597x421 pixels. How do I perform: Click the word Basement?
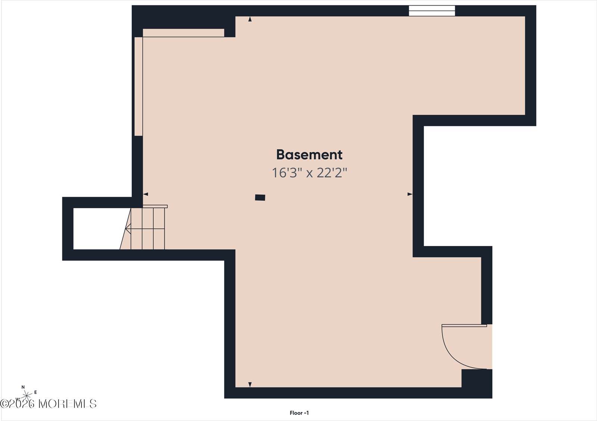[309, 155]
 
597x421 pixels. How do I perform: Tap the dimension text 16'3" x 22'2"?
[309, 173]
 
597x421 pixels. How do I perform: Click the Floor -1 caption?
[299, 413]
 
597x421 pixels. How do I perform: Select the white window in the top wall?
[432, 11]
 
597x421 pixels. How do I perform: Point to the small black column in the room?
[260, 197]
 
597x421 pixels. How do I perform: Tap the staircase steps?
[147, 228]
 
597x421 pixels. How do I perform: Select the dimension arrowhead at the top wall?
[250, 19]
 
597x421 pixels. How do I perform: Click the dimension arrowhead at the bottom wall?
[250, 384]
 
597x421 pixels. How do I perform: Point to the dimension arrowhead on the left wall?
[146, 194]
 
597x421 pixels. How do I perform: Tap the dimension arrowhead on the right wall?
[410, 194]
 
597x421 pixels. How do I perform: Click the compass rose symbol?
[26, 396]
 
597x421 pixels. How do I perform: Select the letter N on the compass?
[23, 387]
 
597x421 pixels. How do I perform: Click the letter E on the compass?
[35, 392]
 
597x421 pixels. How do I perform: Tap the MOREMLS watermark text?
[68, 404]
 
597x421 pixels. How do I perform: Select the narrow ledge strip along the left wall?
[138, 86]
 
